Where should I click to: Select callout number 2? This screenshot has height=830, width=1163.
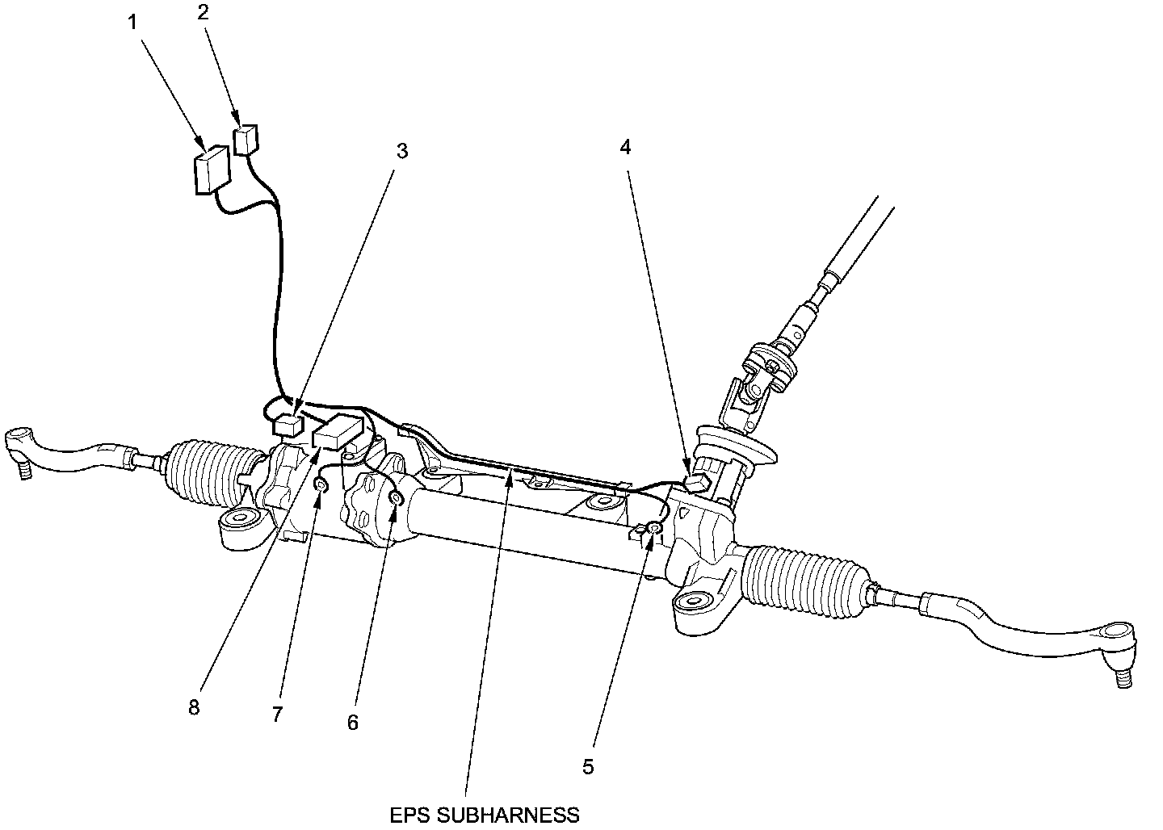(x=203, y=12)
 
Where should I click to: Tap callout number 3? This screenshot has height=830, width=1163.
(x=402, y=151)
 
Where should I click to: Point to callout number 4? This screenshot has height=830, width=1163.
(x=625, y=147)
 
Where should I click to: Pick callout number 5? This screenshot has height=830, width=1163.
(x=588, y=766)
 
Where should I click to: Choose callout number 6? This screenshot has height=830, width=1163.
(x=352, y=722)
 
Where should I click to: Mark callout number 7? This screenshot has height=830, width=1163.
(x=277, y=714)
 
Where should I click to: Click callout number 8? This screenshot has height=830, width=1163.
(x=193, y=707)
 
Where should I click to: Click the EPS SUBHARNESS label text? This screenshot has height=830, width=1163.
(x=485, y=815)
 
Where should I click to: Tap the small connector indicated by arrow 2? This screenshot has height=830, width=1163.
(x=245, y=139)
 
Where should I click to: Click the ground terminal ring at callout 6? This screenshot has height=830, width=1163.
(x=397, y=497)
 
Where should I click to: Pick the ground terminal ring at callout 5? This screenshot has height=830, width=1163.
(x=655, y=528)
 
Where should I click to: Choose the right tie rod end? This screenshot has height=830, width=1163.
(x=1115, y=646)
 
